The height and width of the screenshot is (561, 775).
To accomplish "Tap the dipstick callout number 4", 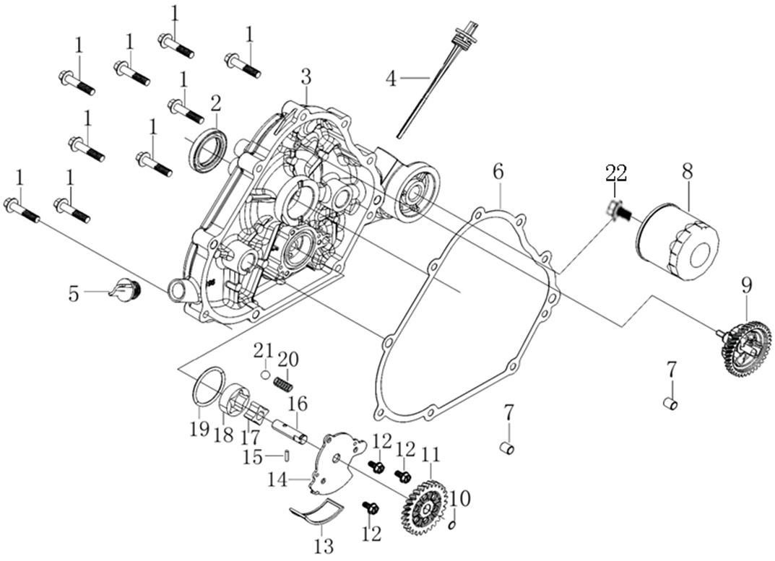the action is tap(391, 78).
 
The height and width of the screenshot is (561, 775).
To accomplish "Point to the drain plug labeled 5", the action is tap(126, 288).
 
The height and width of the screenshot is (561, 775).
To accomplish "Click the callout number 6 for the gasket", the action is tap(498, 172).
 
